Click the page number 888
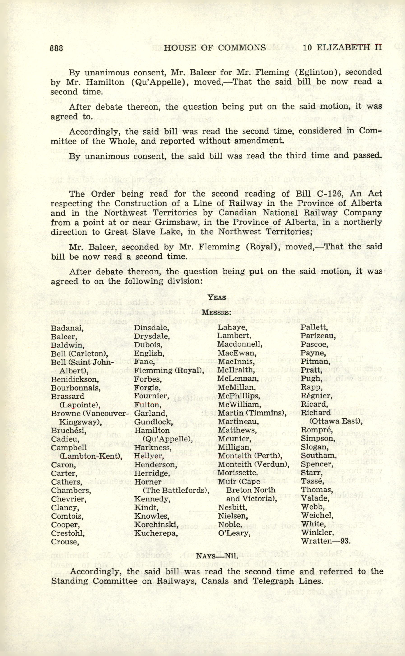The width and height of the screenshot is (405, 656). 56,48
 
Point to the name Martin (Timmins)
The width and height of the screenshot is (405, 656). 252,413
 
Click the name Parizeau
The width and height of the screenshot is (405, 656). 318,336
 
